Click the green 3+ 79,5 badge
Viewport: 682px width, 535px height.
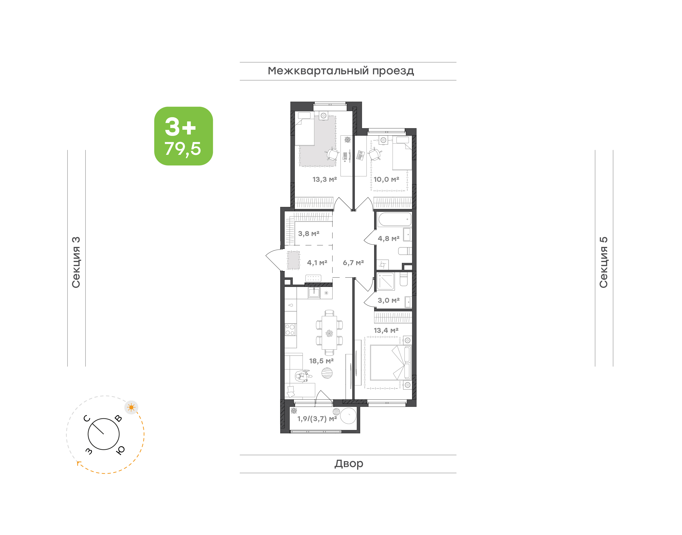(183, 136)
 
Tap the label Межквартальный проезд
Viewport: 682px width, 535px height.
(341, 71)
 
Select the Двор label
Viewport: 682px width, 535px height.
(349, 464)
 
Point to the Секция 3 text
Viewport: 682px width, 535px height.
(76, 262)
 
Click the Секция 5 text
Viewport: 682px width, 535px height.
(603, 262)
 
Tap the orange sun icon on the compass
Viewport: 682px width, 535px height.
(131, 407)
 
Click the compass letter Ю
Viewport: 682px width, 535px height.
(121, 450)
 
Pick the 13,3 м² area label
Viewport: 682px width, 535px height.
(325, 179)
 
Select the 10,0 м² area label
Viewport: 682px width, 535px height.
(386, 179)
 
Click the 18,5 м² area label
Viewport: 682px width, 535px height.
(321, 361)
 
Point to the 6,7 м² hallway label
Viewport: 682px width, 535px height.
(353, 263)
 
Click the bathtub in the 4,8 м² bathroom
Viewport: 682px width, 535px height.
(395, 219)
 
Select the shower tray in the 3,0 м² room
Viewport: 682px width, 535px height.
(386, 281)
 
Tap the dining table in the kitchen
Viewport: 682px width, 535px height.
(329, 333)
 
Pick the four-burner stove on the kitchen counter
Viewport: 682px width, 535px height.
(290, 330)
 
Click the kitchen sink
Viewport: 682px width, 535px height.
(314, 293)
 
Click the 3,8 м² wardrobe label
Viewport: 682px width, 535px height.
(309, 234)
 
